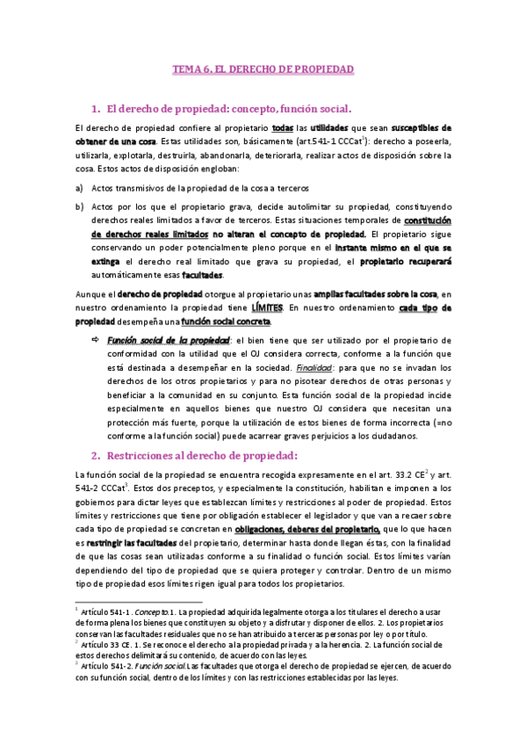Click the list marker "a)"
(79, 188)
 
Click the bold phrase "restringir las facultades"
(129, 546)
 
